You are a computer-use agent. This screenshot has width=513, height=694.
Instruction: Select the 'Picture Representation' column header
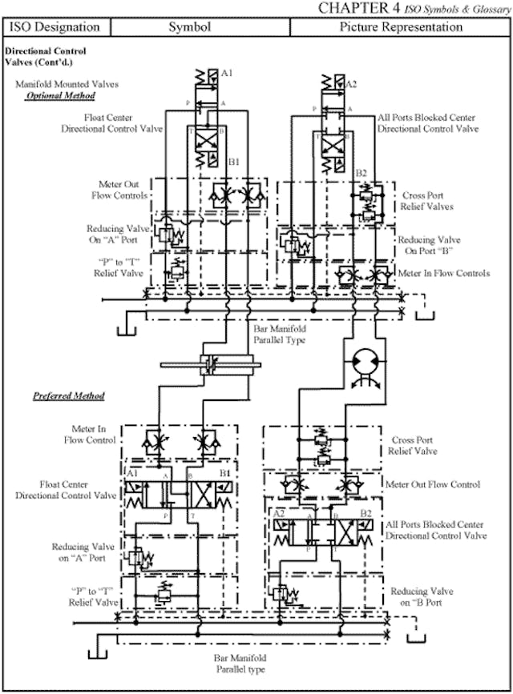pyautogui.click(x=401, y=27)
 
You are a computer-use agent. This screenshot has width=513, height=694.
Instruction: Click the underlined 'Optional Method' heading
pyautogui.click(x=61, y=96)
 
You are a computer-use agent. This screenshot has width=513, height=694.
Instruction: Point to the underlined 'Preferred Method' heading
pyautogui.click(x=68, y=396)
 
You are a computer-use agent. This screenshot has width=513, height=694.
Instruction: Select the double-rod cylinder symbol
pyautogui.click(x=210, y=366)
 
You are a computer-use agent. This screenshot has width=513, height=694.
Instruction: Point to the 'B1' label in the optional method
pyautogui.click(x=233, y=162)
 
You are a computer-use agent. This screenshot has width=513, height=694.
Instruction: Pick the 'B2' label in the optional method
pyautogui.click(x=362, y=173)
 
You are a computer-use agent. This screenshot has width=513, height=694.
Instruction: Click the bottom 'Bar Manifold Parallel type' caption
pyautogui.click(x=241, y=664)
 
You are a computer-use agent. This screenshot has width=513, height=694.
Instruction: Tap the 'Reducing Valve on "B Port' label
pyautogui.click(x=427, y=596)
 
